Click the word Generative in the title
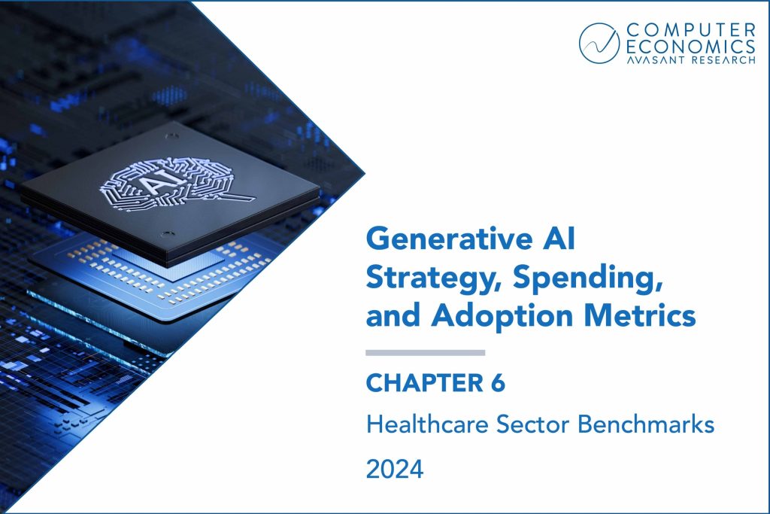point(449,239)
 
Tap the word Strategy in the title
point(435,278)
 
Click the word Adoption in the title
point(502,316)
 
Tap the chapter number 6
point(498,383)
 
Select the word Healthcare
point(427,424)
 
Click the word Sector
point(532,424)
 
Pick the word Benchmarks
point(646,424)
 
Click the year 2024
point(394,469)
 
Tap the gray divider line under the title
point(426,353)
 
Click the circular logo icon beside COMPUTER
point(599,43)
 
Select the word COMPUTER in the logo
point(691,30)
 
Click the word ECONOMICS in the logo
point(691,47)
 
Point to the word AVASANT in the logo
point(656,60)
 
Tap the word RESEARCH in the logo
point(724,60)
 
